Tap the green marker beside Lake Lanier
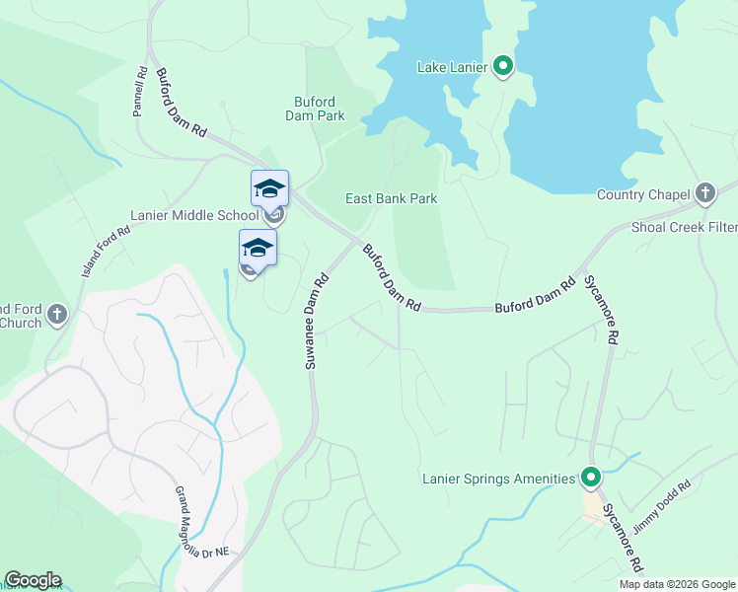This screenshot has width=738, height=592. coord(503,67)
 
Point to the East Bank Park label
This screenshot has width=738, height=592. coord(391,198)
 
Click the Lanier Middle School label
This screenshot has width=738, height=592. coord(194,215)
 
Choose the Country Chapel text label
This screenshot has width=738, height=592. coord(643,194)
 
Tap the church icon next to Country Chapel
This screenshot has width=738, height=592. coord(704,193)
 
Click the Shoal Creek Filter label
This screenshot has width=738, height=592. coord(685,228)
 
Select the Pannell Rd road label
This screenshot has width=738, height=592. coord(140,93)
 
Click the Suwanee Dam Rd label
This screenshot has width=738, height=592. coord(316,321)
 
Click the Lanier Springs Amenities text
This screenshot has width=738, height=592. coord(498,479)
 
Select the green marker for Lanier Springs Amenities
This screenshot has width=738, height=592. coord(591,479)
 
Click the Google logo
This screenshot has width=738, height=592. coord(33,580)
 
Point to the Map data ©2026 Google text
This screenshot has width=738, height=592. coord(677,584)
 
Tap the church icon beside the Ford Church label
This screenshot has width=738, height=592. coord(57,315)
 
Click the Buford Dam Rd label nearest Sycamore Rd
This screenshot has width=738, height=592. coord(536,297)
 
